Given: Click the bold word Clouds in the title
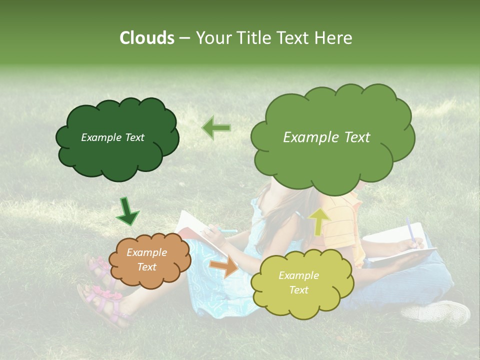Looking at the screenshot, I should (x=147, y=38).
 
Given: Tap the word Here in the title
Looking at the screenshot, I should (x=333, y=38).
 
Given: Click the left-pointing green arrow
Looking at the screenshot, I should (x=216, y=128).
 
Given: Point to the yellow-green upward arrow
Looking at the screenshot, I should (x=319, y=221).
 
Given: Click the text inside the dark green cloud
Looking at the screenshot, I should (x=112, y=137).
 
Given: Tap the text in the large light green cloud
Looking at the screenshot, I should (x=326, y=137).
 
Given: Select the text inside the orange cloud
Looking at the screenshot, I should (x=146, y=260).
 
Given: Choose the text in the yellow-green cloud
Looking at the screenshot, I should (x=298, y=282).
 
